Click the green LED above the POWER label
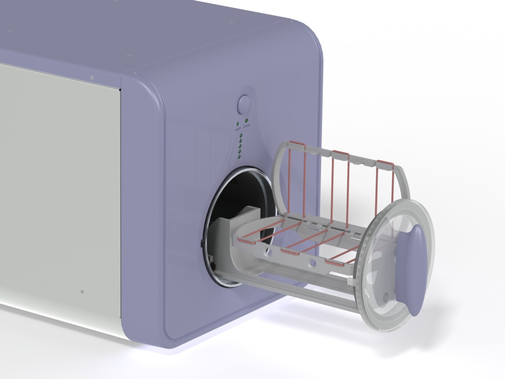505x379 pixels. tap(238, 124)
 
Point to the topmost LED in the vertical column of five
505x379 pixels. tap(241, 136)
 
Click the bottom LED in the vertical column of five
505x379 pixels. tap(239, 157)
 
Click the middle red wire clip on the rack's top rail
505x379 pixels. tap(340, 152)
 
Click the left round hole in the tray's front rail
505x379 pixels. tap(266, 253)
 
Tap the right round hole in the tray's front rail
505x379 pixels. tap(312, 263)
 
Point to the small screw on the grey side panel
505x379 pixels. tap(82, 291)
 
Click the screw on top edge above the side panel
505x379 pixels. tap(92, 77)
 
